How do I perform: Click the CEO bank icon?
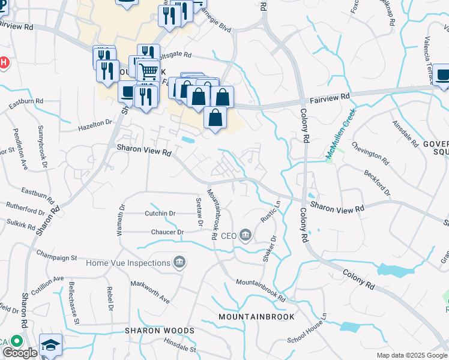point(245,236)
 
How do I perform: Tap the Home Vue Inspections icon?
point(179,262)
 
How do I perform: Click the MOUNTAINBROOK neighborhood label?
point(256,316)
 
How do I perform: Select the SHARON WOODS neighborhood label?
point(160,331)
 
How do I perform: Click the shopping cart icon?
point(148,71)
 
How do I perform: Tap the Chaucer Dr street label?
point(159,231)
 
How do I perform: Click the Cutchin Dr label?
point(160,213)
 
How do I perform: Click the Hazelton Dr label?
point(95,125)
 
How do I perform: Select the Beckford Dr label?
point(377,182)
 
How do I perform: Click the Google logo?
point(20,353)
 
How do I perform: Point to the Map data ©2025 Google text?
point(412,355)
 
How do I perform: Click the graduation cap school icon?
point(51,346)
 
